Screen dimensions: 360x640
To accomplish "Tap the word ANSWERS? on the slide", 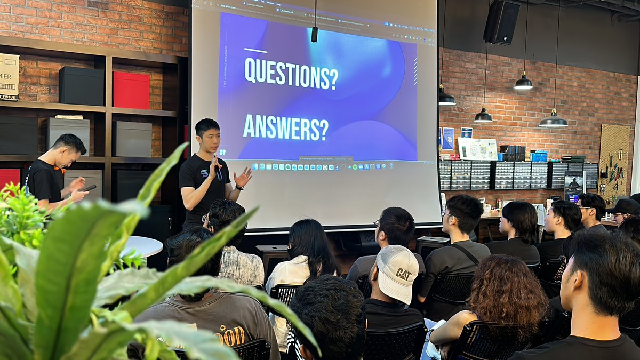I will (285, 127).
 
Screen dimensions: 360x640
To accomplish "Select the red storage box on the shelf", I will (131, 90).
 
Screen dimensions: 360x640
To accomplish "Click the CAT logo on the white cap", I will (403, 274).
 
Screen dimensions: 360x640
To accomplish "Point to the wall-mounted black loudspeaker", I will (501, 22).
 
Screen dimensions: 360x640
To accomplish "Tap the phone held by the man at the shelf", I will (89, 188).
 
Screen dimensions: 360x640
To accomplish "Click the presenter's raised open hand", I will (243, 178).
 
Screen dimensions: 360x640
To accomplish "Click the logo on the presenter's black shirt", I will (205, 173).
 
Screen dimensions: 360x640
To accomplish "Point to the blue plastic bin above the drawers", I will (539, 156).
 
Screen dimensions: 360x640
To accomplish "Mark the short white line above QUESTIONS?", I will (255, 51).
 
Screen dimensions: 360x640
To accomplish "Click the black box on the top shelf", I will (81, 86).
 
